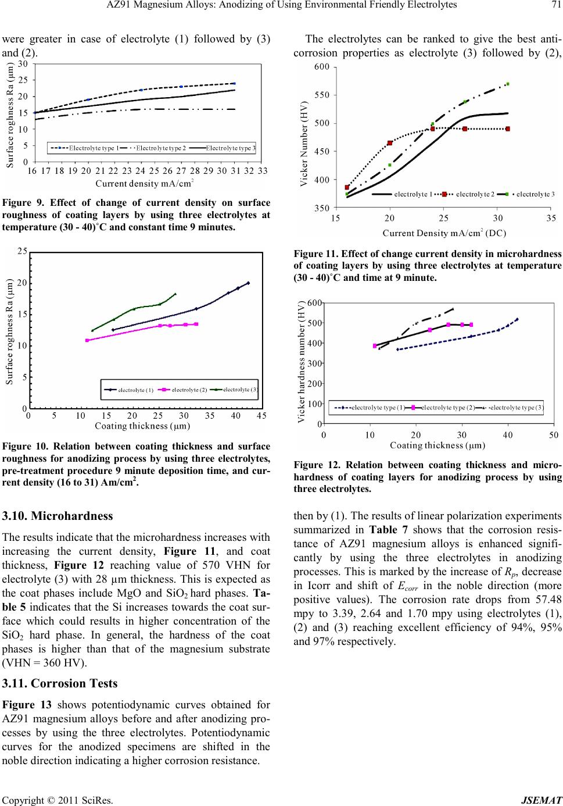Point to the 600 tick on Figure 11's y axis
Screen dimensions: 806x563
pos(322,67)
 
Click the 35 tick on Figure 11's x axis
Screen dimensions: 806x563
pos(551,219)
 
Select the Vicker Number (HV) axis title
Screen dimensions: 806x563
pos(305,137)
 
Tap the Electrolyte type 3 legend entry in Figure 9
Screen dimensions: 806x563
pos(230,148)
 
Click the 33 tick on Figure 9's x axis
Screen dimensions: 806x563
pos(263,170)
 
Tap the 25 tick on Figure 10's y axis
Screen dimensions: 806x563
pos(23,252)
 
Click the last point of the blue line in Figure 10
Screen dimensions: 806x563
pos(248,283)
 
